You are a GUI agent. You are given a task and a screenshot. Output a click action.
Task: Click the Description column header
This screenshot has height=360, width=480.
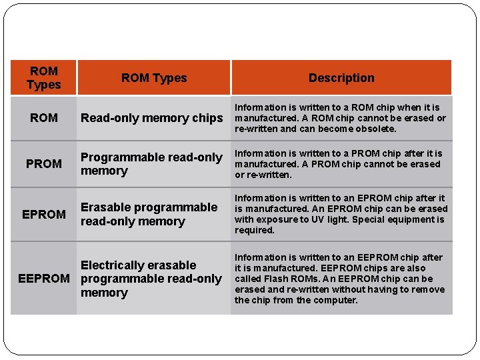click(x=341, y=78)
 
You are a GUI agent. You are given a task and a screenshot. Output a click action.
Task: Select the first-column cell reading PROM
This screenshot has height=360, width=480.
click(x=43, y=163)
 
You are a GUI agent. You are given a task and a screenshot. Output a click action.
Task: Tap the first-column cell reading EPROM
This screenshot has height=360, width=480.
click(x=44, y=214)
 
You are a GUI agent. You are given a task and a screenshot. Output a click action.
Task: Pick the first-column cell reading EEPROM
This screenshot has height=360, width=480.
click(x=44, y=279)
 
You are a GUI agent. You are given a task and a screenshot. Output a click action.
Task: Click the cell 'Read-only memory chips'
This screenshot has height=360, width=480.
click(x=152, y=118)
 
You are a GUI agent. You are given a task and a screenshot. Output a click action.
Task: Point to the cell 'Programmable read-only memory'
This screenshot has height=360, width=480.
click(x=151, y=164)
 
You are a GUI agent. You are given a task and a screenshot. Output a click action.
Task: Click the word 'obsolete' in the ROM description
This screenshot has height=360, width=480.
click(x=376, y=129)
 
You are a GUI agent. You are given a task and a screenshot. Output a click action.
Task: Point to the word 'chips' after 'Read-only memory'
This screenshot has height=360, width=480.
click(x=207, y=118)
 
